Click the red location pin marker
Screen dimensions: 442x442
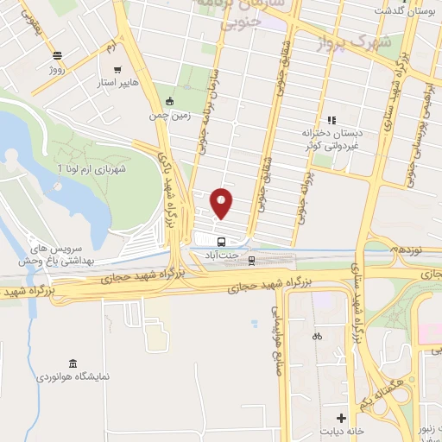pos(222,203)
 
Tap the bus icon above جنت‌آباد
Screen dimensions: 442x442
pos(221,242)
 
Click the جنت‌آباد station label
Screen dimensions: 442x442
pos(221,256)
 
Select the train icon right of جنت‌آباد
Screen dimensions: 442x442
pos(252,257)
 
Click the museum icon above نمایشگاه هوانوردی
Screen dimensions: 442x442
pos(72,361)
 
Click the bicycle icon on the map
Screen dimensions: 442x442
pos(318,335)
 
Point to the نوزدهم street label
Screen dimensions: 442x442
pos(402,249)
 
